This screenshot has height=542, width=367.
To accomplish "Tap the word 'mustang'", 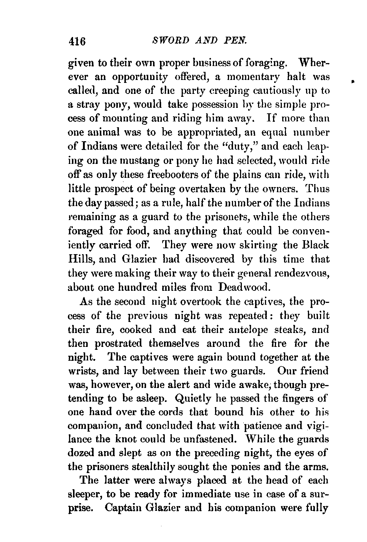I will click(138, 161).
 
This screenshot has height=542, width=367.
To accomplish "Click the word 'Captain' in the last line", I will click(123, 509).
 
